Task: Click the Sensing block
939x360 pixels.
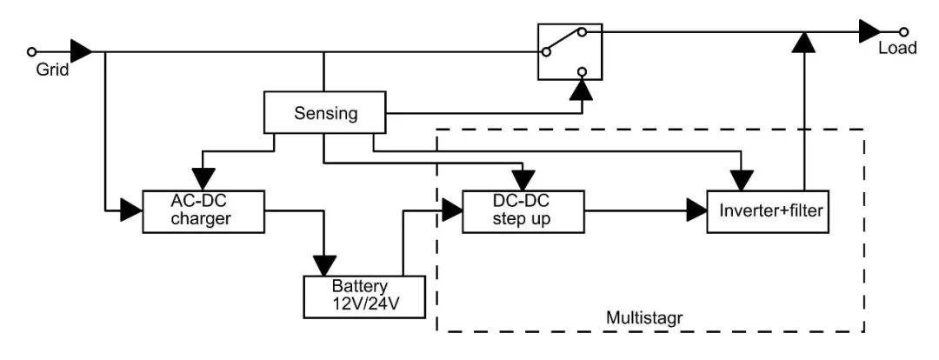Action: (324, 113)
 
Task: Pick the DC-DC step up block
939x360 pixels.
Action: (522, 210)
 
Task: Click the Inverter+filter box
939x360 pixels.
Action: (768, 210)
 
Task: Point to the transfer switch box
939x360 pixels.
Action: (569, 51)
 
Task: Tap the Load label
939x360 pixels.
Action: (896, 49)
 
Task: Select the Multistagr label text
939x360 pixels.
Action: (643, 314)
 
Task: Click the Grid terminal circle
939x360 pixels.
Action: (33, 50)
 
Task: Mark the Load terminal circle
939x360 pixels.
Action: (905, 31)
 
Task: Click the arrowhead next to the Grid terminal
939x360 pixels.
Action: (81, 50)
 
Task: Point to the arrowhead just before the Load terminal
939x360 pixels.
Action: (869, 31)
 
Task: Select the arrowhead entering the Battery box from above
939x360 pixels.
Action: (325, 264)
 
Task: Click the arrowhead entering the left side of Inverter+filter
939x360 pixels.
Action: (696, 210)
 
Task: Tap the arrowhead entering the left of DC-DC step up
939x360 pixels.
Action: (452, 210)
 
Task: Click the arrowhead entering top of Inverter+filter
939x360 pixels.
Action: (740, 179)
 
